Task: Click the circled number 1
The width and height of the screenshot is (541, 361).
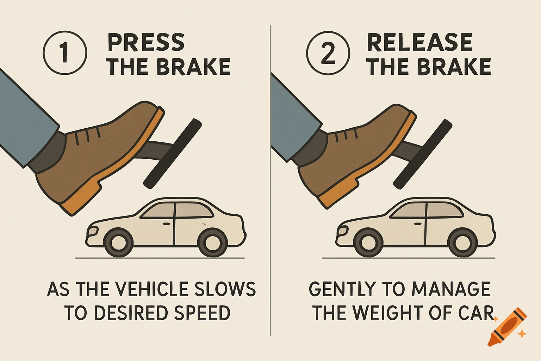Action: tap(65, 53)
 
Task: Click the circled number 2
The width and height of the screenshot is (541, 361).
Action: tap(328, 53)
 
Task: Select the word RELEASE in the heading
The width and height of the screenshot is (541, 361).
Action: tap(419, 43)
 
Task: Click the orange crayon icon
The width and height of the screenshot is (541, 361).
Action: tap(507, 327)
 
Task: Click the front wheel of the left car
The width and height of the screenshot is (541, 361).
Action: tap(118, 243)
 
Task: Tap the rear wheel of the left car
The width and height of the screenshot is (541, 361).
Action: tap(212, 243)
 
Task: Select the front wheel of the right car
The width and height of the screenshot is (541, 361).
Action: tap(368, 243)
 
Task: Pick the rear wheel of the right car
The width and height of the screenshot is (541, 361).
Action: tap(462, 243)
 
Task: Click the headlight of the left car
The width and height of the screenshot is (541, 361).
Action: tap(93, 231)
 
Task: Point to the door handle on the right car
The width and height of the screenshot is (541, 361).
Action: tap(418, 224)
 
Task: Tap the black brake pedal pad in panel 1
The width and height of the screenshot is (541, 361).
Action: tap(173, 153)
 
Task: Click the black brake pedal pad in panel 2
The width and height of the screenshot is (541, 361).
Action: tap(423, 154)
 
